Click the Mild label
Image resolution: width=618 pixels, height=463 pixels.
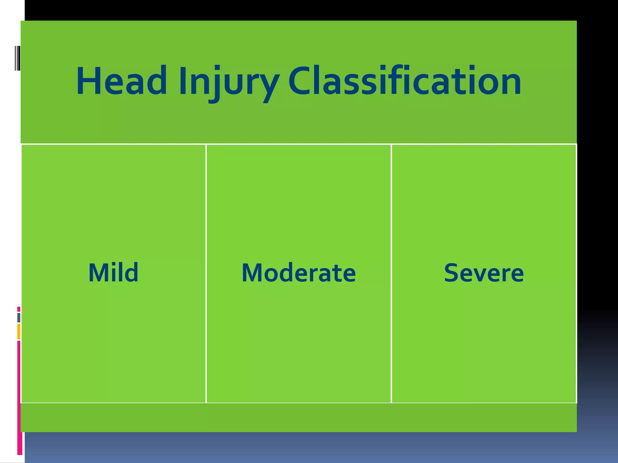[113, 272]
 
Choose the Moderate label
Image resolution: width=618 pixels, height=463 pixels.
[299, 273]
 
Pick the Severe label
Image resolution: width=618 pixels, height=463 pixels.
[484, 273]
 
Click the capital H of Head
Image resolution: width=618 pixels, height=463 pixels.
[88, 81]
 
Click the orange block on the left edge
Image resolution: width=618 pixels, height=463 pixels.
[19, 332]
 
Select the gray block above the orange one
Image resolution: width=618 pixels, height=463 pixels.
[19, 317]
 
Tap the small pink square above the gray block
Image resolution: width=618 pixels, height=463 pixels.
[19, 309]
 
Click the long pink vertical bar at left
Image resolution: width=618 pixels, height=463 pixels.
[19, 398]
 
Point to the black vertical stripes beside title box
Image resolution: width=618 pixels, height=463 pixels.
[18, 58]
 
